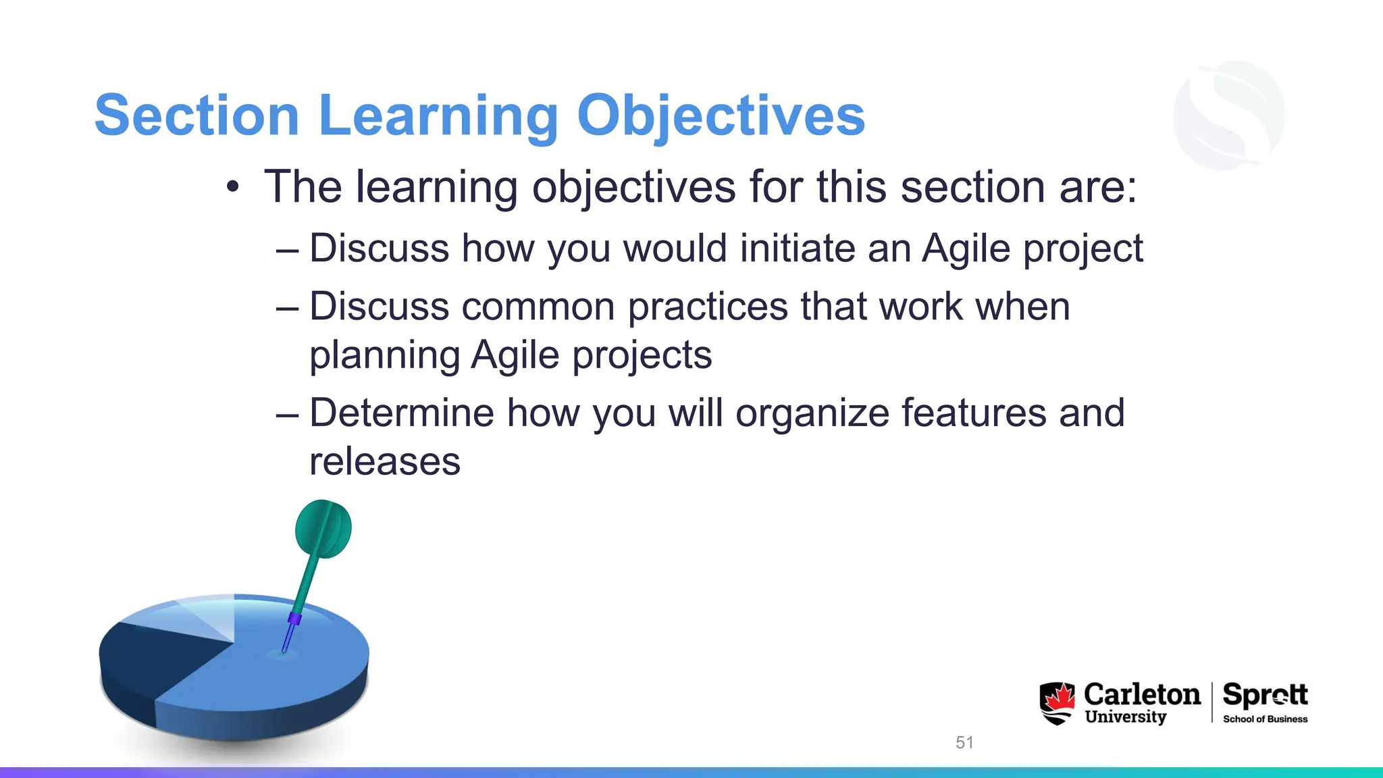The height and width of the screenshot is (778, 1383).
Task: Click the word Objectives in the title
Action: (x=721, y=116)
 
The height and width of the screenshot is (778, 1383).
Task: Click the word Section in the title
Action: (x=197, y=116)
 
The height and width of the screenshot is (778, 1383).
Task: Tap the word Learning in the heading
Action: (x=438, y=116)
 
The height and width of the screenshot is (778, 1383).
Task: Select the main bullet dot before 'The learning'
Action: (x=233, y=187)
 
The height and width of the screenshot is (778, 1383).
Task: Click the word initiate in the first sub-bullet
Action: (x=797, y=248)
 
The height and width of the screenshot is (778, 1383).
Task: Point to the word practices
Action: (x=708, y=307)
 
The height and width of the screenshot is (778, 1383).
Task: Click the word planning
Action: (x=384, y=356)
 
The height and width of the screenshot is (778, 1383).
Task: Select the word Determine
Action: (x=401, y=413)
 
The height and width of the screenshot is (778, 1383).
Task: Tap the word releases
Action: (x=385, y=462)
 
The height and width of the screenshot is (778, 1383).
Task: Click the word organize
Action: (x=812, y=413)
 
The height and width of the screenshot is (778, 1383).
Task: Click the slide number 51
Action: (x=964, y=742)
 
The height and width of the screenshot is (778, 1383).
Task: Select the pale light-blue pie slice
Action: (x=196, y=617)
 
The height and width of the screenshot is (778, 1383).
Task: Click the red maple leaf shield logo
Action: (x=1057, y=702)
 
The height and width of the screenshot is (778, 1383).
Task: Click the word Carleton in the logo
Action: (x=1142, y=694)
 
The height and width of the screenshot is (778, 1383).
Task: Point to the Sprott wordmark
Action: (x=1265, y=694)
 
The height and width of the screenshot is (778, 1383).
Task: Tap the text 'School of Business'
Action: (x=1265, y=719)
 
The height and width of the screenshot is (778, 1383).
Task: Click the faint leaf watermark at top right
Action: (x=1229, y=115)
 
